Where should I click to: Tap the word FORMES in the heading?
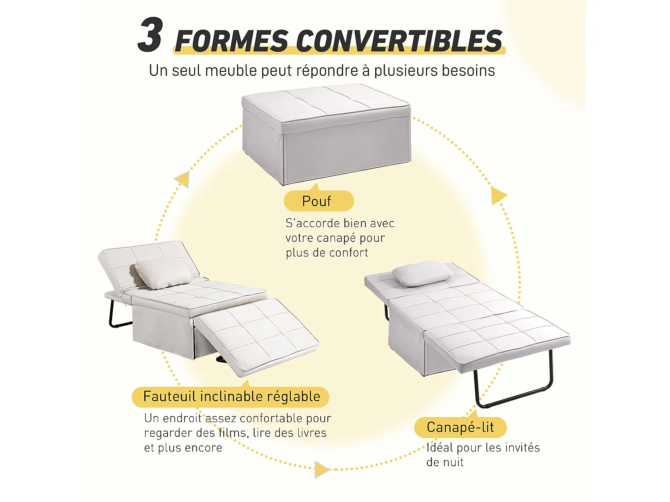coord(232,41)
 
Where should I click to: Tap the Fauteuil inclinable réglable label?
coord(231,396)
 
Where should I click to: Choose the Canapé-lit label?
coord(460,427)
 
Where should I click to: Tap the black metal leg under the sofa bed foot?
coord(514,393)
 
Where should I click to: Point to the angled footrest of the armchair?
coord(257,335)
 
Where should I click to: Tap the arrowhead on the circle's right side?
coord(498,195)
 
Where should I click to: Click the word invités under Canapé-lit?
coord(522,448)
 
